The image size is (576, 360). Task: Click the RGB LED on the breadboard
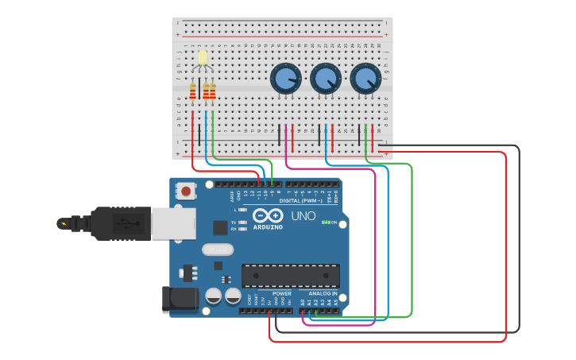203,58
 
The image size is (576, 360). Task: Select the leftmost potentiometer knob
285,79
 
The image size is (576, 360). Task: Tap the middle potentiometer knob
325,79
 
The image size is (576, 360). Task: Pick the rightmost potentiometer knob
365,79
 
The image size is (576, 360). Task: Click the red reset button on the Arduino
187,191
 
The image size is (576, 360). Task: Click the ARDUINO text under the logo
268,227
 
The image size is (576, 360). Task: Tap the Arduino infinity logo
268,215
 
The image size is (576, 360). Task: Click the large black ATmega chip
290,275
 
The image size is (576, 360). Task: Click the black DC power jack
179,298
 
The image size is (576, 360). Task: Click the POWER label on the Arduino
282,294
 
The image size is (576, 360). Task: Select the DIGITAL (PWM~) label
306,200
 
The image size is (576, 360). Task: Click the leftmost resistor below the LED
192,92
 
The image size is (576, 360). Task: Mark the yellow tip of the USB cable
63,223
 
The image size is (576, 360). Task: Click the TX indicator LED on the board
242,223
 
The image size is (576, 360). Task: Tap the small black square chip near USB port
220,228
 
